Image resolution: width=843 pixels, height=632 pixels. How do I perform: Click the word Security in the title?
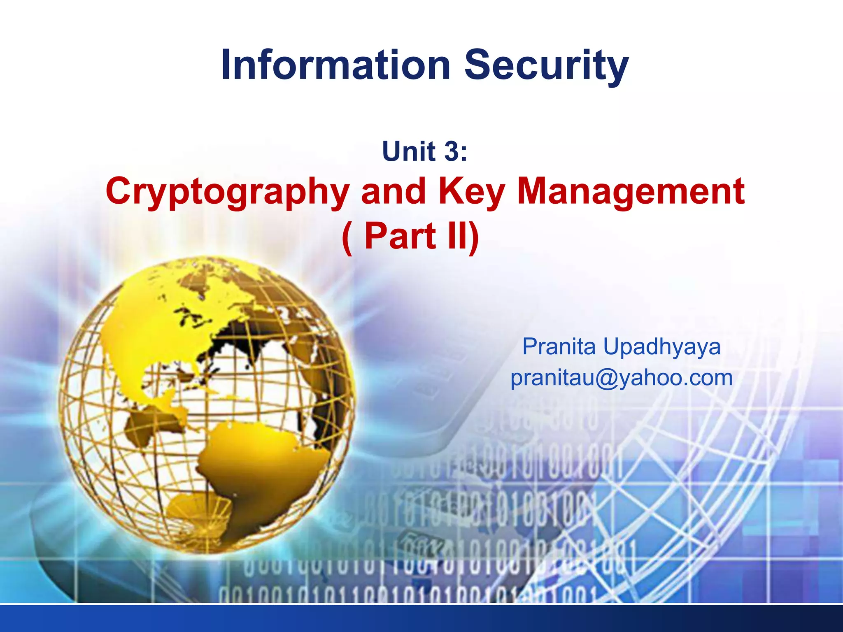(x=546, y=66)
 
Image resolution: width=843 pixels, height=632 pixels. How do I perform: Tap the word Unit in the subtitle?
(x=408, y=151)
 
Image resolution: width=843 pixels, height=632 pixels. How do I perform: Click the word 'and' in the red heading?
(x=393, y=192)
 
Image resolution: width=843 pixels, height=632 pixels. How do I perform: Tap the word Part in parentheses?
(x=400, y=236)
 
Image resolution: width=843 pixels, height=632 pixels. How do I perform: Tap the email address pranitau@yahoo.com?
(x=622, y=378)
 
